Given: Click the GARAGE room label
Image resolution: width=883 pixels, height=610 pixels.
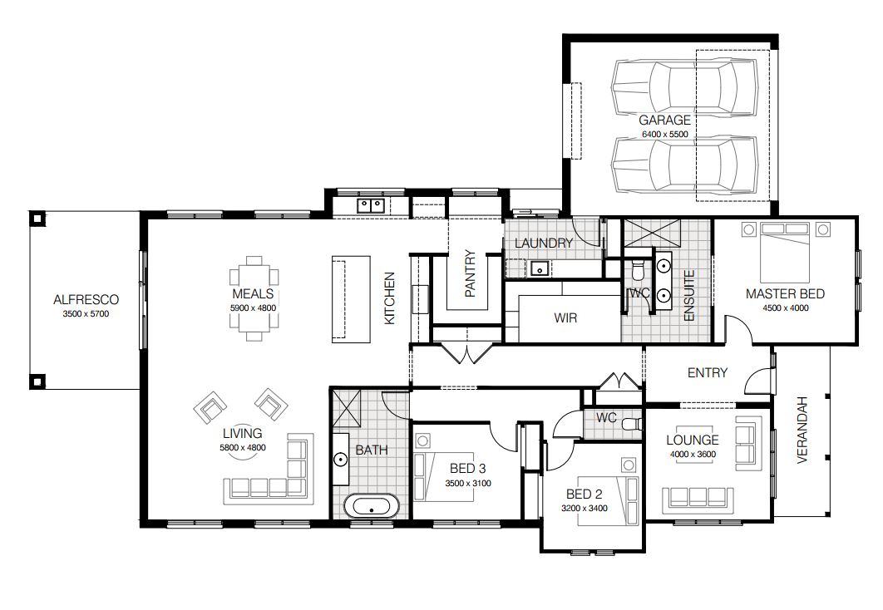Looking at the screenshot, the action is [664, 120].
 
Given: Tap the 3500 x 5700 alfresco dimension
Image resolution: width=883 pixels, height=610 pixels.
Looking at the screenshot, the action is [86, 314].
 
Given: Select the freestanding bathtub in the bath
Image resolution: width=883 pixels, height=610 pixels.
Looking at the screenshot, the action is [372, 506].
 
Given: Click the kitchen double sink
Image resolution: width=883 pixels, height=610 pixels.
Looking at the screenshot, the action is [371, 204].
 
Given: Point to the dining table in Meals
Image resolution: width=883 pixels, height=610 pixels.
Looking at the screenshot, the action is [254, 299].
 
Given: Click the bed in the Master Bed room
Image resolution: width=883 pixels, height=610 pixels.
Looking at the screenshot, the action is [785, 253].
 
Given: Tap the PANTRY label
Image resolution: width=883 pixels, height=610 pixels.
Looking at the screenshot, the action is [471, 273].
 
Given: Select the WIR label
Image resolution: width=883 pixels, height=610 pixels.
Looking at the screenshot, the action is [565, 318].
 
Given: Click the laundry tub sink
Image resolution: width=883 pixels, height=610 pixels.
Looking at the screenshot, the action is [540, 268].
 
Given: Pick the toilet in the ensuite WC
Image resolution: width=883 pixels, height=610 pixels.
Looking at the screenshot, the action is [638, 269].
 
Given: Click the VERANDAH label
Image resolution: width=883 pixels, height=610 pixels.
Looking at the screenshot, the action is [802, 430].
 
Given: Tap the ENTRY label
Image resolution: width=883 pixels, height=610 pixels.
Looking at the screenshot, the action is [708, 372].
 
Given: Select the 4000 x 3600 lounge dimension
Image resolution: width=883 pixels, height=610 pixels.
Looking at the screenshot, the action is [693, 455].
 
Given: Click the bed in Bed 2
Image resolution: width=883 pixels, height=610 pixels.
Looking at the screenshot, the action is [608, 501].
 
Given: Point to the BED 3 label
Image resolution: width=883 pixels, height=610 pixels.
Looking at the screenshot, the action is [467, 468].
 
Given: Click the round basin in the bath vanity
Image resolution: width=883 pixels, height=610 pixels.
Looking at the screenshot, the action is [341, 460].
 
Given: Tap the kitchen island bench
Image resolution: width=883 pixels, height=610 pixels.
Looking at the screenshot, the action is [351, 299].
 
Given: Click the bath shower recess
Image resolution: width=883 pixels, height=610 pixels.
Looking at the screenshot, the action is [347, 408].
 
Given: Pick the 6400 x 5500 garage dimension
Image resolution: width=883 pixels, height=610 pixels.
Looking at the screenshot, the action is [665, 135].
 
